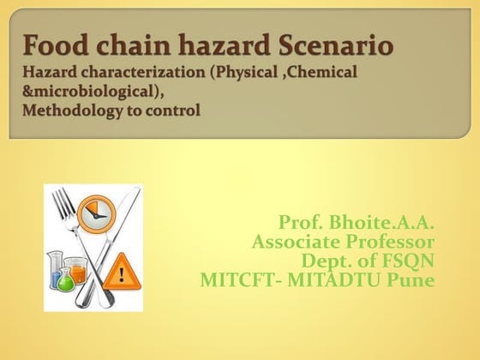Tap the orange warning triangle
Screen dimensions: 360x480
[x=124, y=273]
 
